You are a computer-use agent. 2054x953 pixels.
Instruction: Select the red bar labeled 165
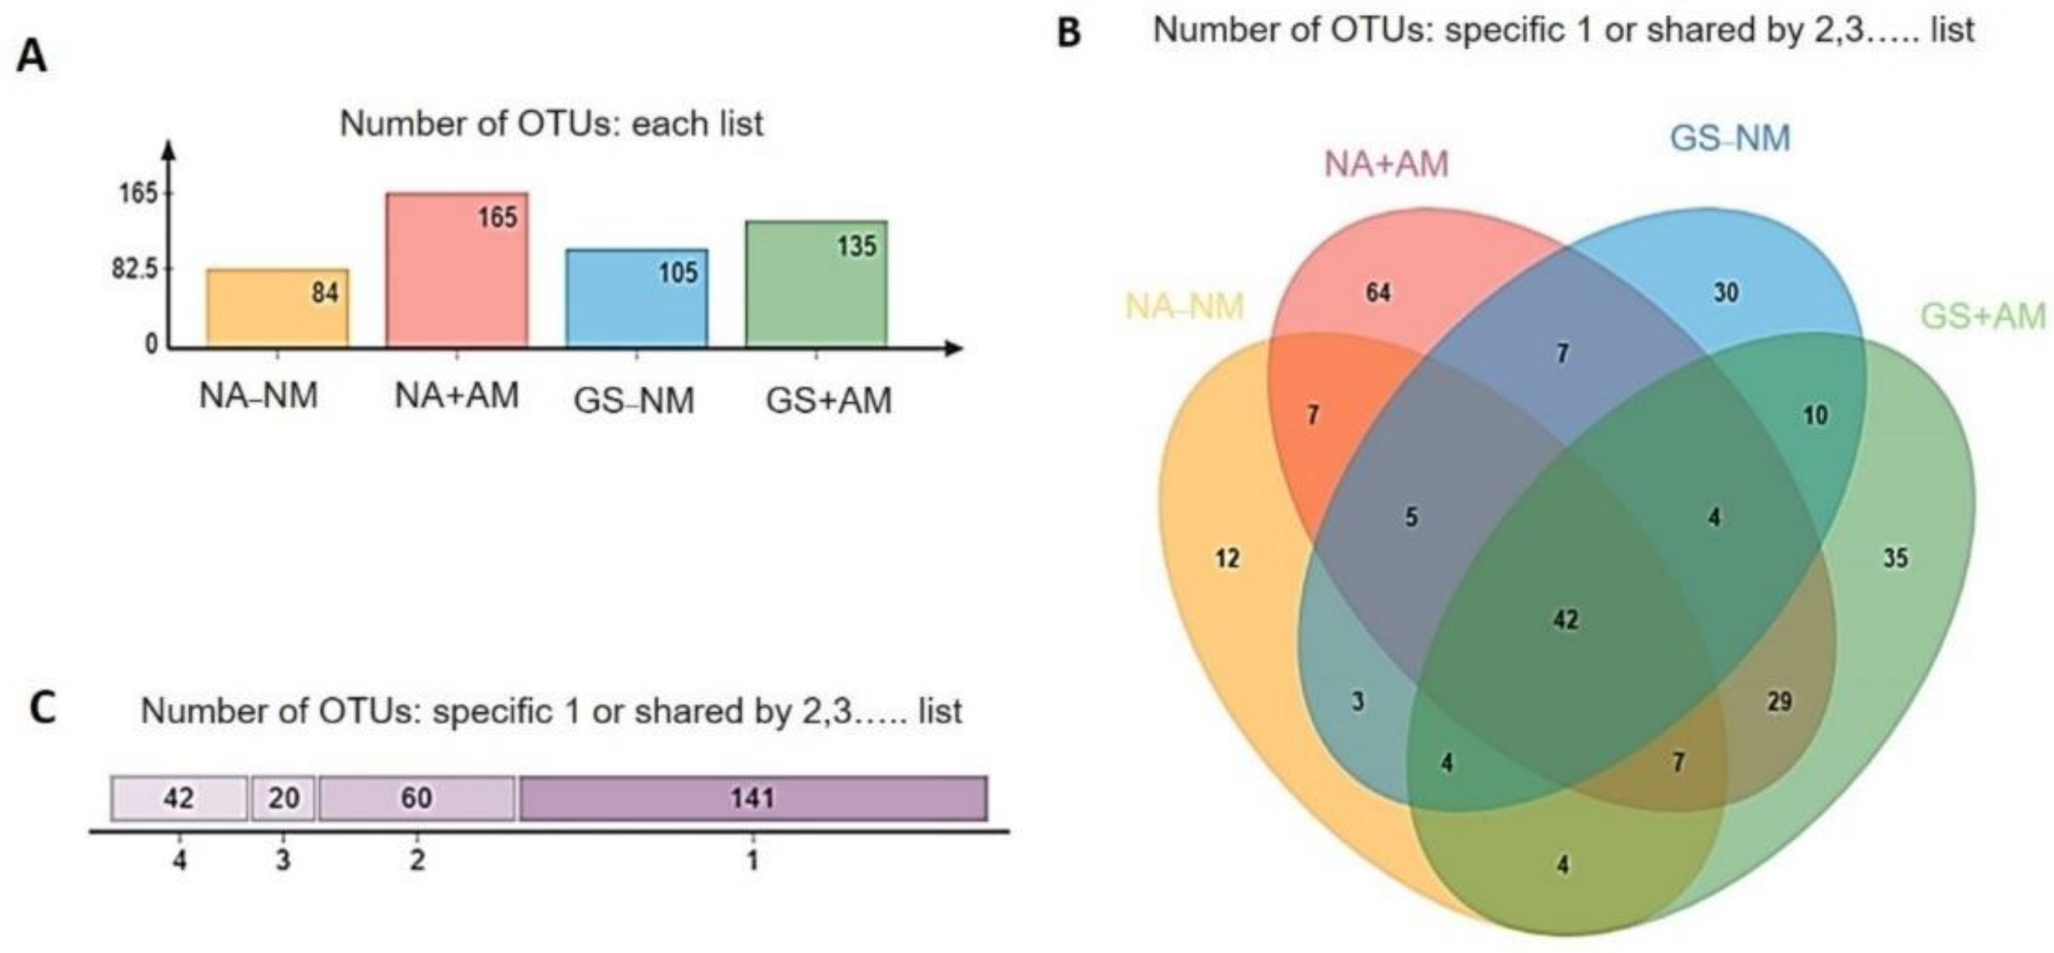tap(456, 270)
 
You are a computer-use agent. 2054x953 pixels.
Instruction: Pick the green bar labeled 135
tap(816, 284)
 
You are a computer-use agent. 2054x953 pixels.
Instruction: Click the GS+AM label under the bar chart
tap(829, 401)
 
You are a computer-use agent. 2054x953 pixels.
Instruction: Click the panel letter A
tap(31, 58)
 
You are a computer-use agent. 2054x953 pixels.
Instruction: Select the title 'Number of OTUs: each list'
tap(551, 123)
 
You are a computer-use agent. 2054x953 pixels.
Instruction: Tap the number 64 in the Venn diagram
tap(1378, 293)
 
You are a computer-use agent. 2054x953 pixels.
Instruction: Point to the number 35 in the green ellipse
tap(1895, 558)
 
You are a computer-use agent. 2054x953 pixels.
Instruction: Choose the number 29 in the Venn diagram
tap(1779, 702)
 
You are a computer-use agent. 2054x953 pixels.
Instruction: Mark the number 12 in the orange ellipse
tap(1227, 558)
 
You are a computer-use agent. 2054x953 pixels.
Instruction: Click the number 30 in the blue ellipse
tap(1725, 293)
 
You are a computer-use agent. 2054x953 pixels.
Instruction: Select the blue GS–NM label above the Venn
tap(1729, 138)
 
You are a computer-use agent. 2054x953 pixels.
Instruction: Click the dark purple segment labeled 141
tap(753, 798)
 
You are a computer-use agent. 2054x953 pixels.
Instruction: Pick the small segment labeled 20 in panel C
tap(283, 798)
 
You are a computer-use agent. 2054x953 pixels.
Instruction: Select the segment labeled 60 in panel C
tap(416, 798)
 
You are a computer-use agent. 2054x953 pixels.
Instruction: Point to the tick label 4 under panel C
tap(180, 860)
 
